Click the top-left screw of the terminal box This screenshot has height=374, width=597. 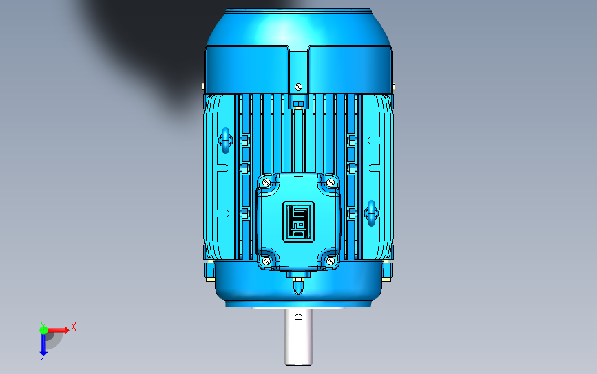pyautogui.click(x=266, y=182)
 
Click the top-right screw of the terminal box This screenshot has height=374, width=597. pyautogui.click(x=331, y=182)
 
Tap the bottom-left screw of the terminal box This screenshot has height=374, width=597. pyautogui.click(x=266, y=261)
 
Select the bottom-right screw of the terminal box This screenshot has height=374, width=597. pyautogui.click(x=331, y=261)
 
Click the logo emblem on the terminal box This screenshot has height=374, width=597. pyautogui.click(x=299, y=221)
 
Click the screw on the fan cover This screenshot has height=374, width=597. pyautogui.click(x=299, y=87)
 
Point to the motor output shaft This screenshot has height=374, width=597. pyautogui.click(x=299, y=337)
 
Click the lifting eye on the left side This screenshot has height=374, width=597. pyautogui.click(x=225, y=140)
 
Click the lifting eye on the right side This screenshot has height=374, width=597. pyautogui.click(x=371, y=213)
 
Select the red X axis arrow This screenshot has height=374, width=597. pyautogui.click(x=57, y=329)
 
